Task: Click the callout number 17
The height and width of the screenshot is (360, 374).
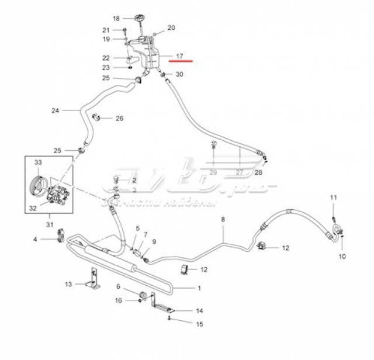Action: coord(180,57)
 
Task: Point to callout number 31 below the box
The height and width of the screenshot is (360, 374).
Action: coord(50,224)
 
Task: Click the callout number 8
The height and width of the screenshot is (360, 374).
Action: coord(223,219)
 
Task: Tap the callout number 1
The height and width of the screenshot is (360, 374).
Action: coord(199,288)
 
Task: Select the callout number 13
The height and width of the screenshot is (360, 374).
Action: coord(68,284)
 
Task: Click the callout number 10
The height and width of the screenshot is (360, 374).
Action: coord(342,256)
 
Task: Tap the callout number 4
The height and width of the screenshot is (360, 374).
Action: coord(35,239)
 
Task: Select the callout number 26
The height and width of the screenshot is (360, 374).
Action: coord(119,119)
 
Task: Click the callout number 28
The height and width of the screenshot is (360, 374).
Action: coord(258,173)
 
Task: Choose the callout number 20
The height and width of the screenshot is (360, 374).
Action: coord(171,28)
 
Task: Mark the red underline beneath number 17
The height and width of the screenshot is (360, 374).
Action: coord(180,62)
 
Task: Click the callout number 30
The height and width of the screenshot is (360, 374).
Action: coord(179,74)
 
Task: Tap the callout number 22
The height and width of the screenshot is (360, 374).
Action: coord(106,57)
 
